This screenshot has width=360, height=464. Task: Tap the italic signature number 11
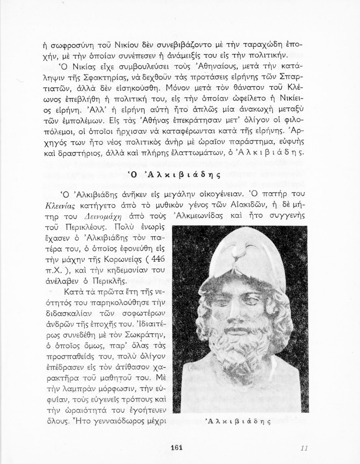click(x=303, y=448)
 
